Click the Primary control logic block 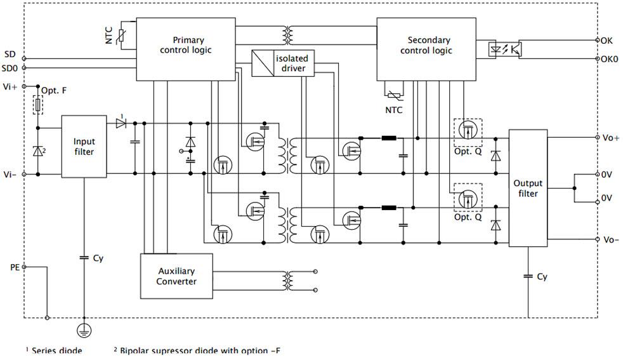coord(185,49)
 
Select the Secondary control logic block coord(426,49)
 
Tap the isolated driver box coord(283,63)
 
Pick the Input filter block coord(84,147)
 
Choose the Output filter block coord(528,188)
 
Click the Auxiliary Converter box coord(176,276)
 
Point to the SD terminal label coord(10,54)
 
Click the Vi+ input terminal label coord(10,86)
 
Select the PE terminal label coord(15,267)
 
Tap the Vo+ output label coord(611,138)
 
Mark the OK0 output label coord(610,59)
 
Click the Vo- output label coord(611,239)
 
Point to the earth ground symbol coord(84,331)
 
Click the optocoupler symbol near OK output coord(504,50)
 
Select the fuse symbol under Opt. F coord(37,105)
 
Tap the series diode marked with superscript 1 coord(121,123)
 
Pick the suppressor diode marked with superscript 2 coord(37,151)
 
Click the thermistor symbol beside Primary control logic coord(121,36)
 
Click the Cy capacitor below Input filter coord(84,258)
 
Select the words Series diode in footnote coord(57,351)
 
